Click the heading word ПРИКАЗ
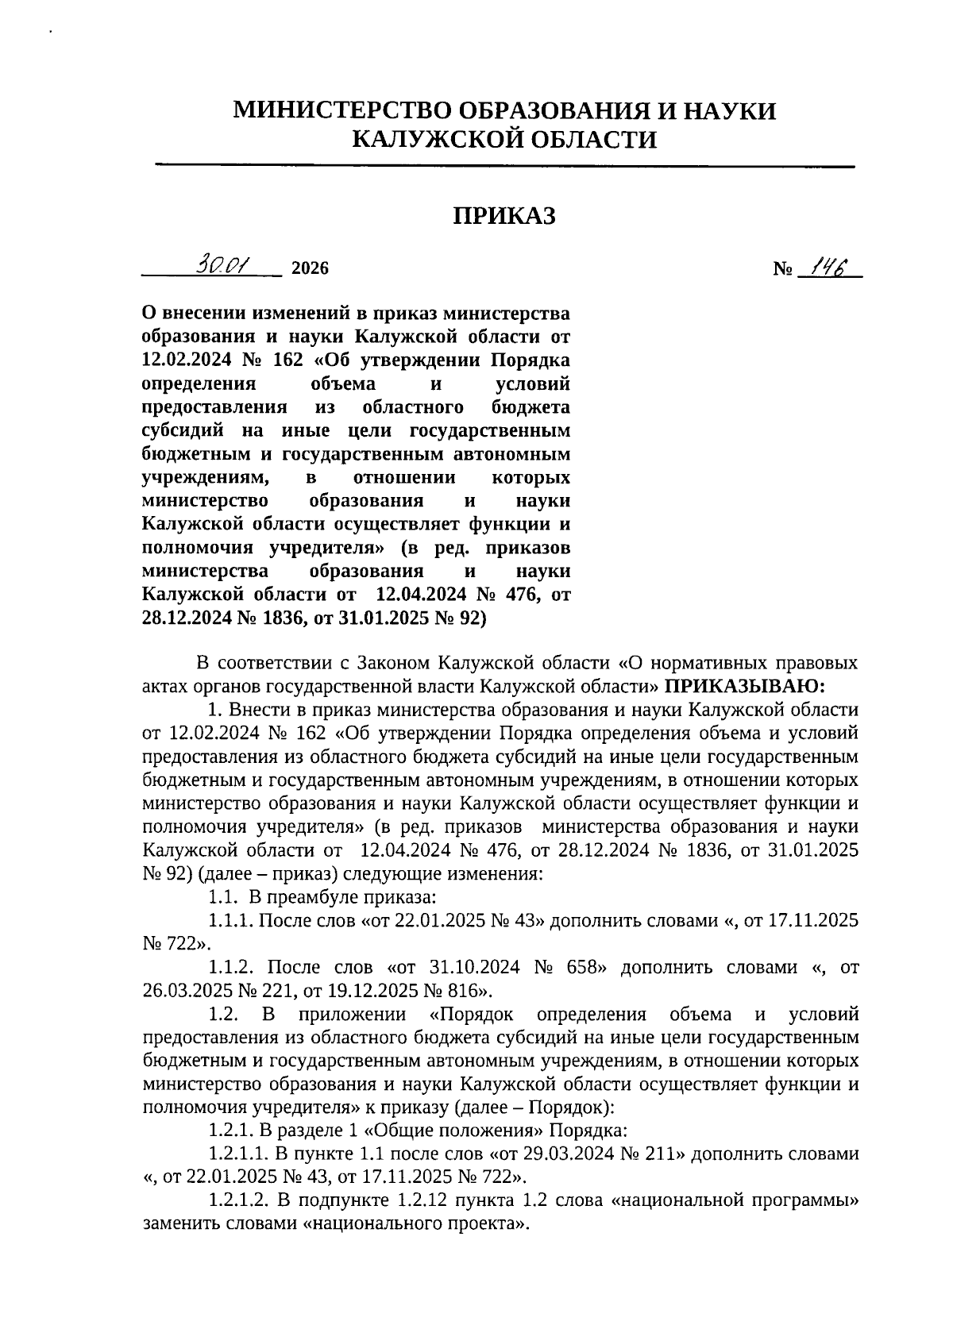[504, 215]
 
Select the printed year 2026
[310, 268]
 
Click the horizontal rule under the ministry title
[504, 166]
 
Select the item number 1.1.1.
[230, 921]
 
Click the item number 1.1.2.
[230, 968]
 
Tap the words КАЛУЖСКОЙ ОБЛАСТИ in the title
[504, 140]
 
